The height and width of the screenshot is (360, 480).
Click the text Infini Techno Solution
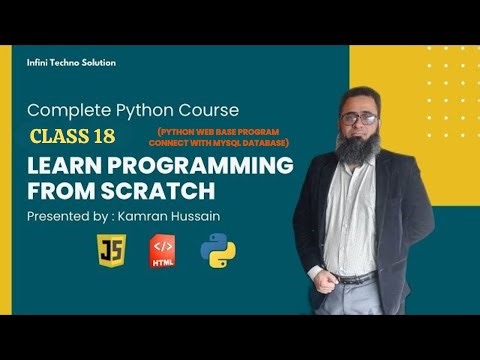(x=71, y=62)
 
